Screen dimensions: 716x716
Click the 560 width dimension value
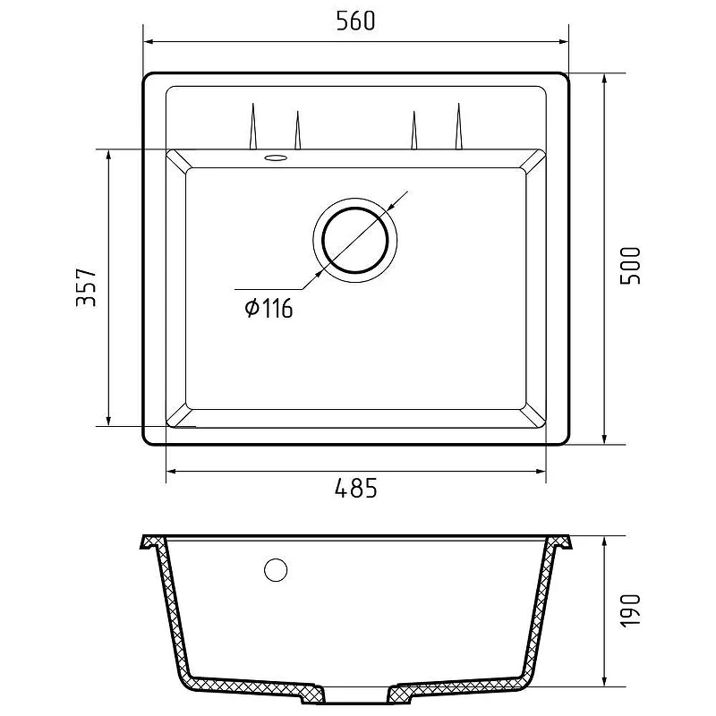click(x=355, y=21)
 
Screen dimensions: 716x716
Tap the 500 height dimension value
click(x=631, y=266)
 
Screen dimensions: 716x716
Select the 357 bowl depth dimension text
click(x=86, y=287)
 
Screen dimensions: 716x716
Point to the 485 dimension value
click(x=356, y=488)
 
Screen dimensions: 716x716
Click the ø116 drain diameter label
click(x=268, y=308)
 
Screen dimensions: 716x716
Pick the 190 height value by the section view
click(x=631, y=610)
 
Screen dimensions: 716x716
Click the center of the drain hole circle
click(x=355, y=240)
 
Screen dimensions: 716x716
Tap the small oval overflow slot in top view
click(x=276, y=158)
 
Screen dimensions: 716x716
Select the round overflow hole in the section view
click(x=276, y=570)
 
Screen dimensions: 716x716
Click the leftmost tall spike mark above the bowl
click(x=253, y=126)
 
